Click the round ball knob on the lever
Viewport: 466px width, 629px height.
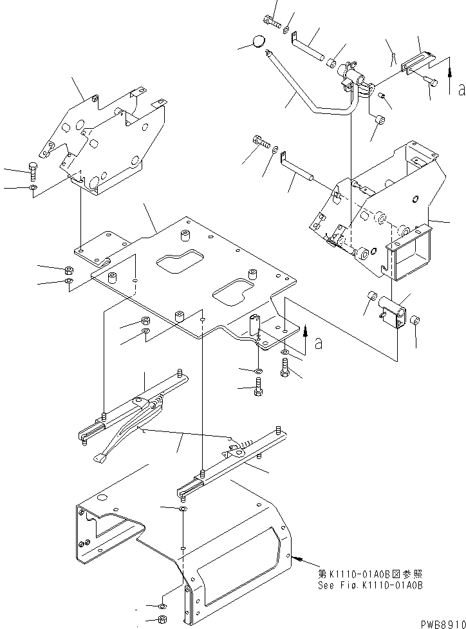coord(258,43)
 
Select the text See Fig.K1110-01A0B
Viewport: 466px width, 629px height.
coord(370,586)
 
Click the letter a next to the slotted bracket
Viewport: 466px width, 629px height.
coord(461,90)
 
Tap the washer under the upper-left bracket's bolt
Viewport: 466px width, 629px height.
coord(33,188)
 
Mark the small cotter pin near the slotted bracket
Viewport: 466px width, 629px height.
coord(392,59)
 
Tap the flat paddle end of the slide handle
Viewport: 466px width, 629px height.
coord(102,459)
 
